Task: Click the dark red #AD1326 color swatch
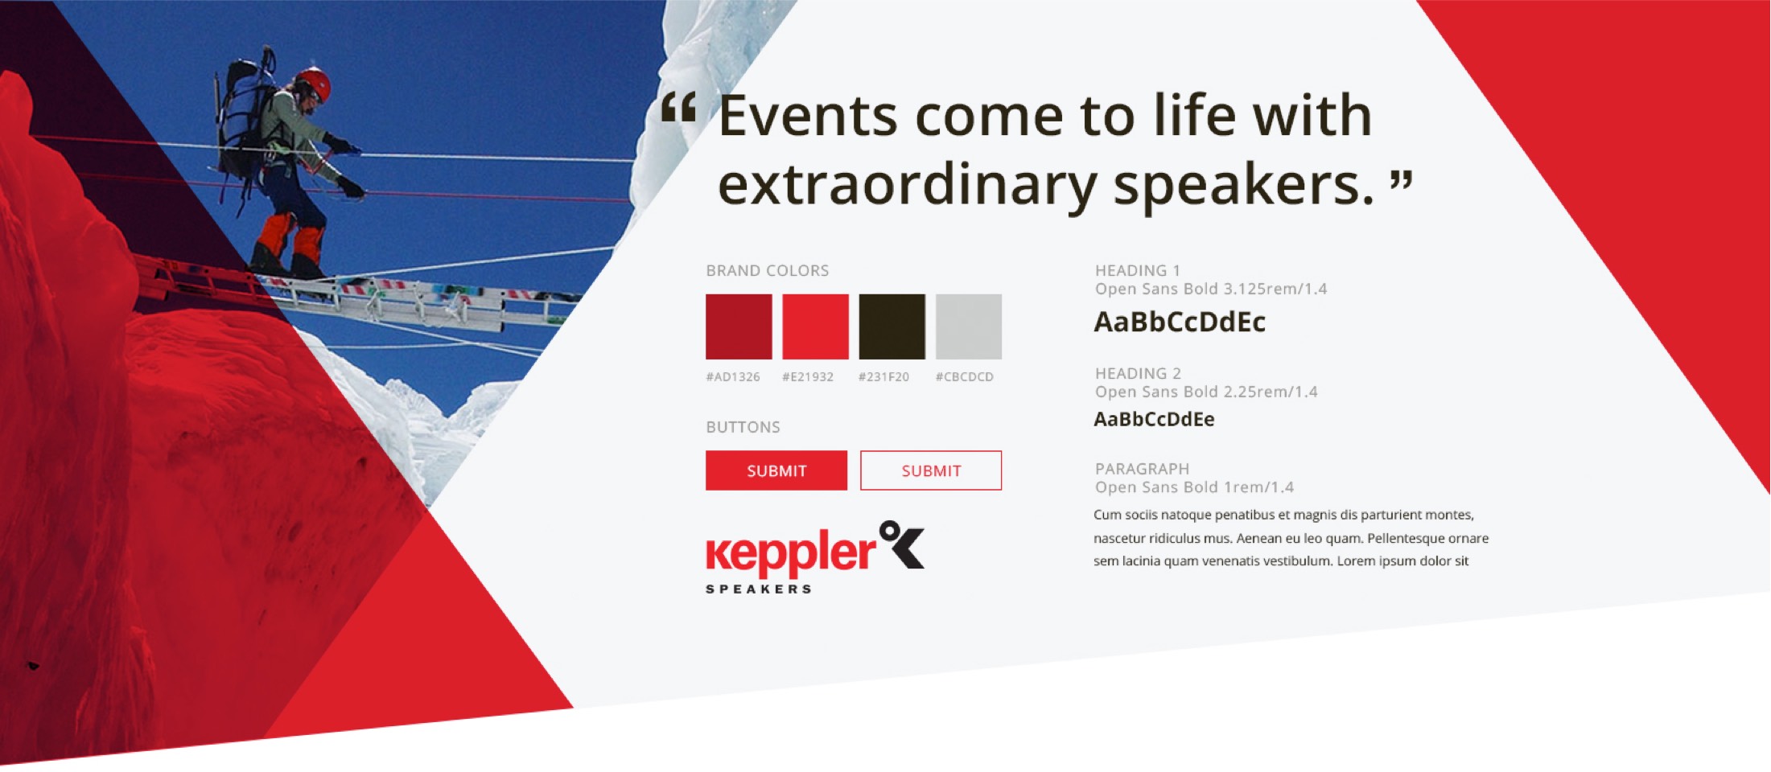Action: coord(739,326)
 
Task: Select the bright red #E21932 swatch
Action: coord(815,326)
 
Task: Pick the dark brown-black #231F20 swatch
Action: coord(892,326)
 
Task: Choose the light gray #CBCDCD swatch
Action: coord(969,326)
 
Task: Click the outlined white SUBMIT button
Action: coord(931,470)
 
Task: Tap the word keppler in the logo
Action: coord(791,553)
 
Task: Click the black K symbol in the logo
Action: coord(903,544)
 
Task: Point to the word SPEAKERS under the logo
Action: coord(759,589)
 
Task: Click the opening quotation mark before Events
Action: coord(678,107)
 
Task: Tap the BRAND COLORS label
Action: coord(768,271)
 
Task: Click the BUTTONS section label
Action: coord(743,427)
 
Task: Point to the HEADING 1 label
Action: coord(1138,271)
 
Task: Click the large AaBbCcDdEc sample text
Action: coord(1180,322)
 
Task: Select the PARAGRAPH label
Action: coord(1142,469)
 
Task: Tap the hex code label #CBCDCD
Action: coord(965,377)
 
